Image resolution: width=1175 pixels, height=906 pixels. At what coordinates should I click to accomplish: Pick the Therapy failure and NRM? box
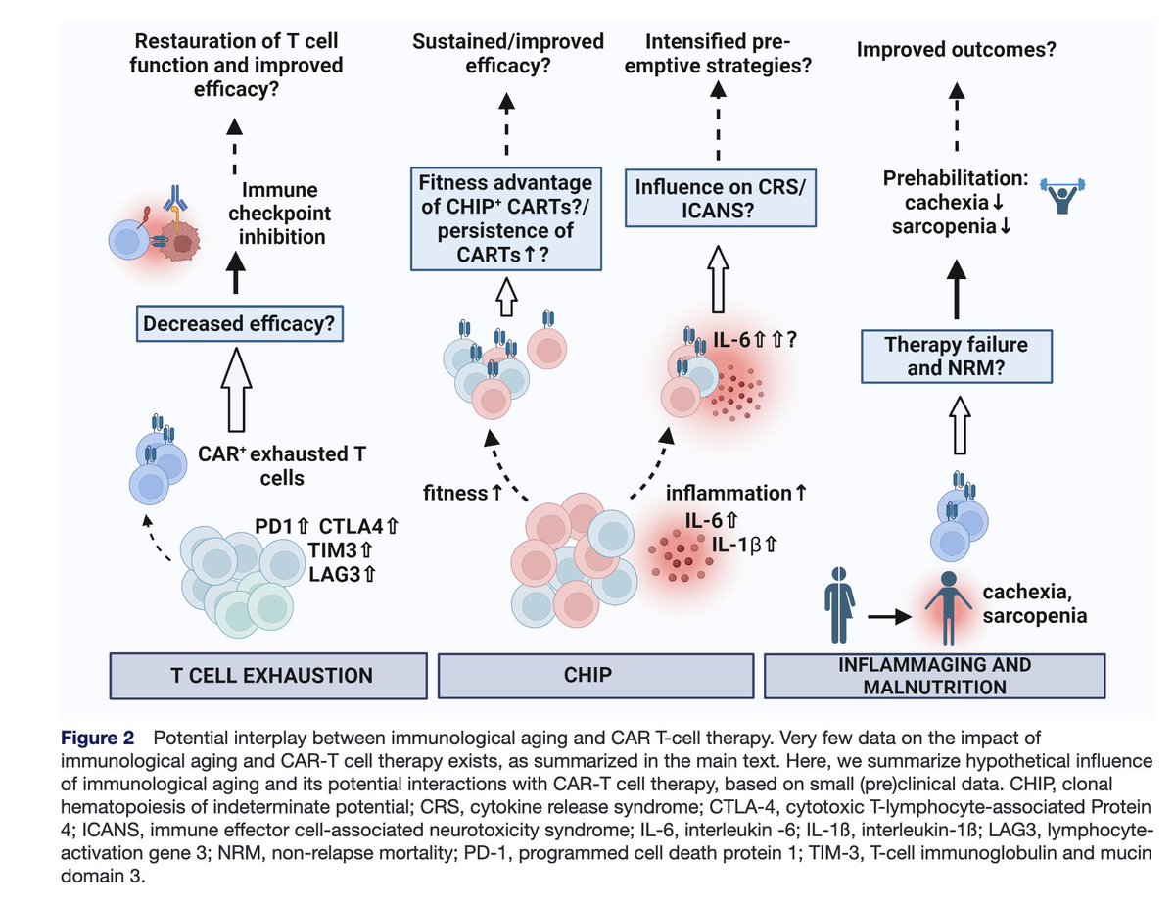(957, 356)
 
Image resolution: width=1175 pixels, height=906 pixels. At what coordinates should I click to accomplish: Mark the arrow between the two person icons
(889, 617)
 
